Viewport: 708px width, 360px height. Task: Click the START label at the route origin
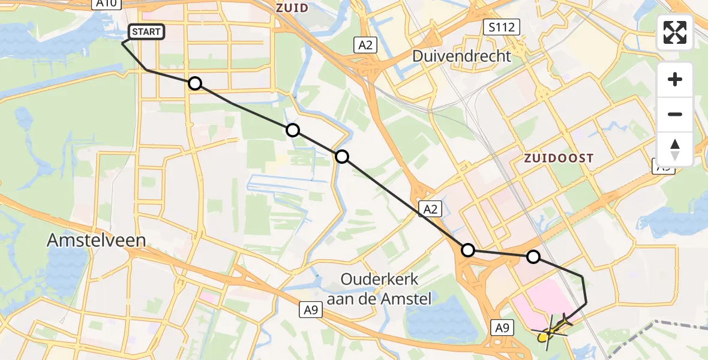[147, 32]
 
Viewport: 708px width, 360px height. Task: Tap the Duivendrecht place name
[461, 56]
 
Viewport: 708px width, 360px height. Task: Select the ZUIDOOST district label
[558, 158]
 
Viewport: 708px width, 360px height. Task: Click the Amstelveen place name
[97, 241]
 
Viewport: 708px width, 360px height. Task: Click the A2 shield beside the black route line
[432, 208]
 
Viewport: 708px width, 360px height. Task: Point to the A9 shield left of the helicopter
[503, 328]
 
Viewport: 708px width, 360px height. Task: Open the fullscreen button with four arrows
[675, 32]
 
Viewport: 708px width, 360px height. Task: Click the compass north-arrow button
[675, 149]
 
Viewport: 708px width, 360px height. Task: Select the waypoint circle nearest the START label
[195, 83]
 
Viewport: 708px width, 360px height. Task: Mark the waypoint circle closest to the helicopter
[533, 257]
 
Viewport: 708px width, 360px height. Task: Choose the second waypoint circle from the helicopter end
[467, 250]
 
